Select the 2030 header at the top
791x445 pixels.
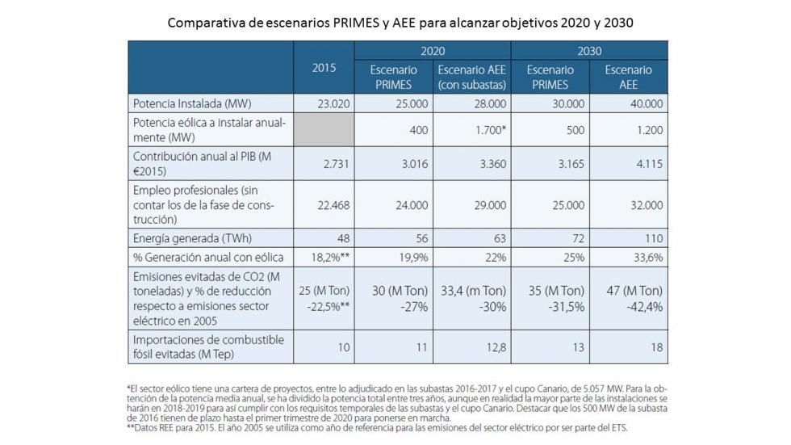(x=590, y=50)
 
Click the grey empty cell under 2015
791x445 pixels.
(x=324, y=129)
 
